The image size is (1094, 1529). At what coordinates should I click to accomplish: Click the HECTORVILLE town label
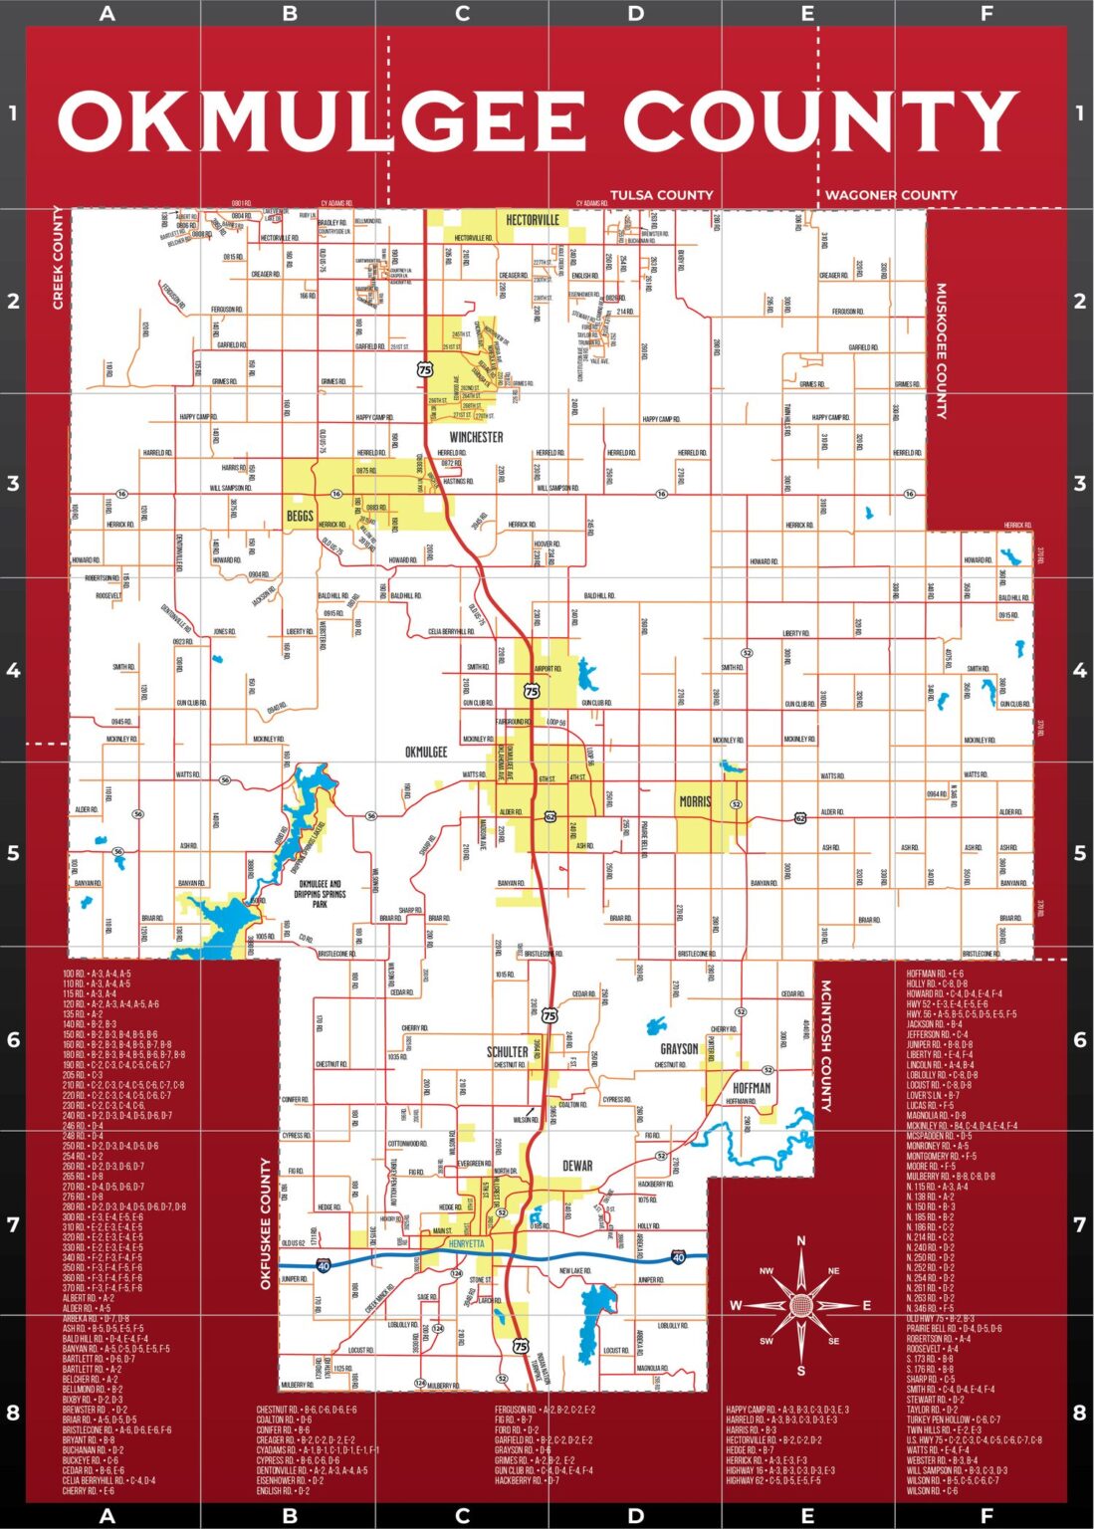533,220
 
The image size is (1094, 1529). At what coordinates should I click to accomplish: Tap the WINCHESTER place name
476,437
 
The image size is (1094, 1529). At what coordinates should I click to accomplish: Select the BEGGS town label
300,516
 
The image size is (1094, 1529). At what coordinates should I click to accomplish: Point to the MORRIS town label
696,801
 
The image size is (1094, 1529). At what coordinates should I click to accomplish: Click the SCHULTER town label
507,1051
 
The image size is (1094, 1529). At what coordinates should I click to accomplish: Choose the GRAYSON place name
679,1049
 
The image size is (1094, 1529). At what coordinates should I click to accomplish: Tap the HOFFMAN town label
752,1088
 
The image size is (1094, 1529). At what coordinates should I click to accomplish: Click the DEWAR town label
577,1166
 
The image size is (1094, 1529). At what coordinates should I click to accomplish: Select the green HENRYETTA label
466,1244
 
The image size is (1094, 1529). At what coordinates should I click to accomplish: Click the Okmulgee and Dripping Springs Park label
320,893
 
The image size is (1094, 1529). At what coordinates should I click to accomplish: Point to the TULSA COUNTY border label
661,195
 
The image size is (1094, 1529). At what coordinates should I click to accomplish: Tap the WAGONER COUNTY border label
891,195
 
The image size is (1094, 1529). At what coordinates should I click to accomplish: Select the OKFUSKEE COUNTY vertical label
266,1223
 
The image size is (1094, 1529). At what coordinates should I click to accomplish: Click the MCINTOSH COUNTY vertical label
825,1045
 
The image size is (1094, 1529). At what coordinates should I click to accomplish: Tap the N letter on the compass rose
801,1241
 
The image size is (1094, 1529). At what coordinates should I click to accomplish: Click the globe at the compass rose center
801,1305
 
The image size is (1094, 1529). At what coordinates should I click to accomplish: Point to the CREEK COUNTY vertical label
58,258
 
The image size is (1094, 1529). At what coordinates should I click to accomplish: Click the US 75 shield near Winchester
426,369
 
